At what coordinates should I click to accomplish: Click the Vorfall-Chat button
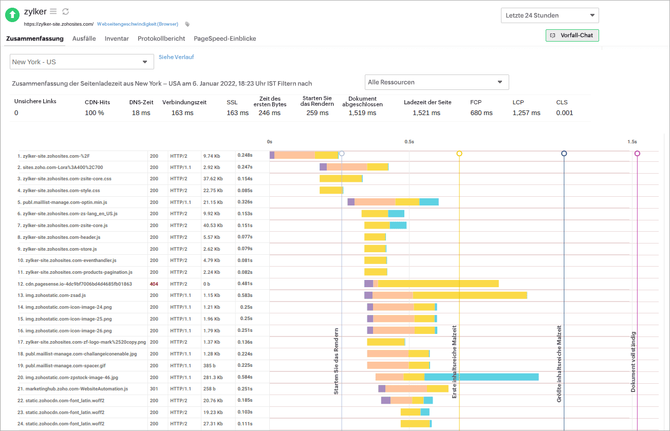pos(572,35)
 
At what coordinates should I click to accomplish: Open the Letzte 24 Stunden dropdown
pos(549,15)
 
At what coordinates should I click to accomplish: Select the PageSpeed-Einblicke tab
pos(225,39)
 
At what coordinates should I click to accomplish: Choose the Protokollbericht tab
pos(161,39)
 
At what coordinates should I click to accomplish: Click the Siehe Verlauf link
pos(176,57)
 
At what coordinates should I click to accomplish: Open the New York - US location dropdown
pos(82,62)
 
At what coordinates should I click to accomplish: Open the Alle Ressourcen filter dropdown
pos(436,82)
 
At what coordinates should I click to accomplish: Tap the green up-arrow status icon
pos(12,15)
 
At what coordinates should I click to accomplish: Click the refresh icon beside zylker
pos(65,11)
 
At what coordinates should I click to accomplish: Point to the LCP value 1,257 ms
pos(526,113)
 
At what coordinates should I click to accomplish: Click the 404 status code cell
pos(154,284)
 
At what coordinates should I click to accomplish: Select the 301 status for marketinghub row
pos(154,389)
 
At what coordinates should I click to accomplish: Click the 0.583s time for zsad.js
pos(245,295)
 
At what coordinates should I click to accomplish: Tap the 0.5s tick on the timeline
pos(409,142)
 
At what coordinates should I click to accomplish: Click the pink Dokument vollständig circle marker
pos(637,154)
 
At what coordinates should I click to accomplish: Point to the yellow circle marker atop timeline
pos(459,154)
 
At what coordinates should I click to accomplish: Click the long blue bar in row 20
pos(481,377)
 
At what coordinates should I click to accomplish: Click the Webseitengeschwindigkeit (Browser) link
pos(137,24)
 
